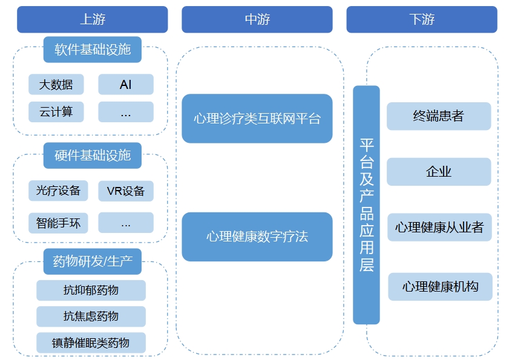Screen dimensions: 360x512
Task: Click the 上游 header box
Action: click(92, 19)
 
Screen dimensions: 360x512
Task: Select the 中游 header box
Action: click(257, 19)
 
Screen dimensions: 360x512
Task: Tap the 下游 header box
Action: click(421, 19)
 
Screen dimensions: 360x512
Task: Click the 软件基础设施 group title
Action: click(92, 50)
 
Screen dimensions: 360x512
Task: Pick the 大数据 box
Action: click(56, 85)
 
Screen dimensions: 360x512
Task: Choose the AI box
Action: click(126, 85)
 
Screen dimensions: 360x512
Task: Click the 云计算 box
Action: click(56, 112)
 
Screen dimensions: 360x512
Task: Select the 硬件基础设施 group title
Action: click(92, 155)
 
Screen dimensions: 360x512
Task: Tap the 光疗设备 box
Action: click(58, 191)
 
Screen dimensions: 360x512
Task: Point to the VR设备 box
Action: click(126, 191)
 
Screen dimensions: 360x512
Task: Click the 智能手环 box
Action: click(58, 223)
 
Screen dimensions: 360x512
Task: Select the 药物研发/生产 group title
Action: click(92, 261)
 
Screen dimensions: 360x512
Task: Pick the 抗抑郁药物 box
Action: click(91, 290)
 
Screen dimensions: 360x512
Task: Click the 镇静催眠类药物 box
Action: click(91, 343)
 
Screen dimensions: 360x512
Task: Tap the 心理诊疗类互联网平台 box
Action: click(257, 119)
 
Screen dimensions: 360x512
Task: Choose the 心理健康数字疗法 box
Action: click(257, 237)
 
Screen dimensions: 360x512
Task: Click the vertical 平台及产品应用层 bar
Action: click(366, 205)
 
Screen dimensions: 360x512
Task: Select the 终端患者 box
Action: click(438, 116)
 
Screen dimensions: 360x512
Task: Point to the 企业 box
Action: click(438, 172)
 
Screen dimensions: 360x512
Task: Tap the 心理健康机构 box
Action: click(440, 287)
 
